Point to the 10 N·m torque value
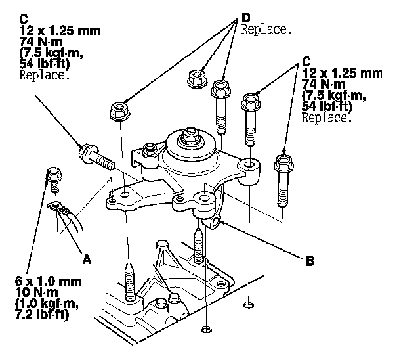click(31, 292)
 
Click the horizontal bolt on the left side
click(96, 156)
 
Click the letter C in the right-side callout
click(306, 60)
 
